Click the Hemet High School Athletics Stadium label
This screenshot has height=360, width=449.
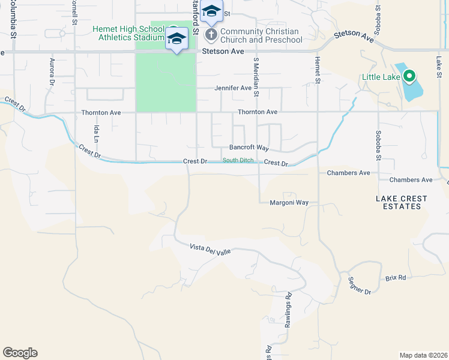128,33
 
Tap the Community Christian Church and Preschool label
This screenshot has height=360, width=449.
261,35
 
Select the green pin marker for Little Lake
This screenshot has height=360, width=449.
409,76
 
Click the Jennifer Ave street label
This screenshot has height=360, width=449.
233,88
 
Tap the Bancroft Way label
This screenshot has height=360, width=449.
249,148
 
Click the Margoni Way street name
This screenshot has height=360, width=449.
289,203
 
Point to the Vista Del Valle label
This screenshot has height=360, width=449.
210,250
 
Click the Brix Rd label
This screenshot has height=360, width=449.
396,278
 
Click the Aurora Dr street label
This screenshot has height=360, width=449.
51,70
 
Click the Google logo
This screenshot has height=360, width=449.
20,353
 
